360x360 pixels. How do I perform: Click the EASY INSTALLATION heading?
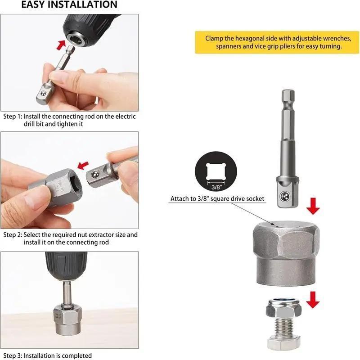69,5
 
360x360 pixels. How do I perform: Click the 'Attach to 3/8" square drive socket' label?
217,198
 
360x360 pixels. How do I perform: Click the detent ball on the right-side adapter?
284,196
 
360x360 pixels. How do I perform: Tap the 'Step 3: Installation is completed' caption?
48,355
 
